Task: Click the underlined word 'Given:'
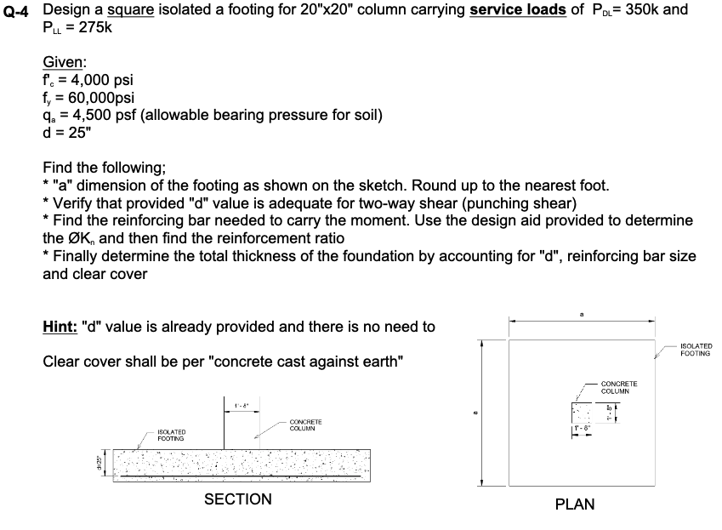click(64, 62)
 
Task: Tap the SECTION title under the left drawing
click(238, 499)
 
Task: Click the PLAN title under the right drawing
click(574, 504)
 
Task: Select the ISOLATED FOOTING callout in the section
click(171, 436)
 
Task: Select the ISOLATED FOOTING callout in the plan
click(696, 350)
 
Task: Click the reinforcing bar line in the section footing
click(238, 477)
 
